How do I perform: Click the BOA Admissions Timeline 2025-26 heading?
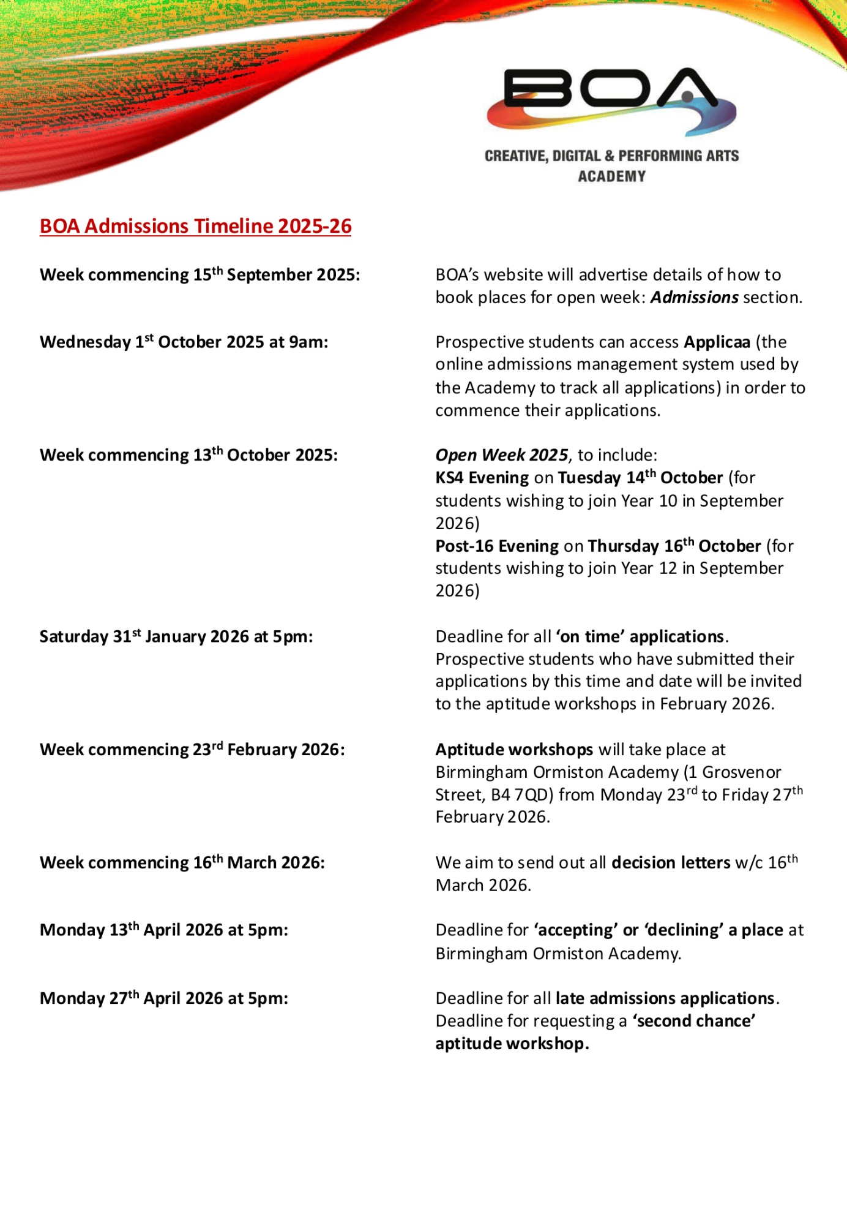pyautogui.click(x=195, y=226)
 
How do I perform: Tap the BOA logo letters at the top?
pyautogui.click(x=610, y=89)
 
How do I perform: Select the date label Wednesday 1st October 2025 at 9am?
pyautogui.click(x=184, y=342)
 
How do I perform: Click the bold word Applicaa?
pyautogui.click(x=717, y=342)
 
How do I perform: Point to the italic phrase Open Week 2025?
pyautogui.click(x=502, y=455)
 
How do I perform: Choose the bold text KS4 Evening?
pyautogui.click(x=482, y=478)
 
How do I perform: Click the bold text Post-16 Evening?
pyautogui.click(x=497, y=546)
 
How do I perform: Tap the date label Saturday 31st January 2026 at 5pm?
pyautogui.click(x=176, y=636)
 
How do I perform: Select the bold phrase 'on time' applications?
pyautogui.click(x=640, y=636)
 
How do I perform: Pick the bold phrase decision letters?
pyautogui.click(x=671, y=862)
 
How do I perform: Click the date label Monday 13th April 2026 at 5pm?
pyautogui.click(x=164, y=930)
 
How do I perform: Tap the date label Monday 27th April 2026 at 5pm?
pyautogui.click(x=164, y=998)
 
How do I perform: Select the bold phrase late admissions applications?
pyautogui.click(x=665, y=998)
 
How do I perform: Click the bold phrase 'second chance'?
pyautogui.click(x=694, y=1021)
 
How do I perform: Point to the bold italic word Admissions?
pyautogui.click(x=694, y=298)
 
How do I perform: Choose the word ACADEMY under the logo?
pyautogui.click(x=611, y=176)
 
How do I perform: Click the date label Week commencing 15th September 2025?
pyautogui.click(x=200, y=274)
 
